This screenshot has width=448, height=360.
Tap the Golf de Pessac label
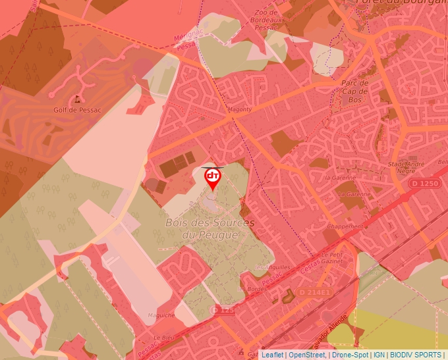(77, 110)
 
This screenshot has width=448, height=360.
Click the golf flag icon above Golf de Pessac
(78, 99)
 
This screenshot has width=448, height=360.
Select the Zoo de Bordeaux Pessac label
(265, 20)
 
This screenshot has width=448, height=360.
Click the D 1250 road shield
(424, 182)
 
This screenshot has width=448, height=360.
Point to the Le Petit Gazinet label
(333, 257)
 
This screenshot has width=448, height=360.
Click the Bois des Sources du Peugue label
(210, 228)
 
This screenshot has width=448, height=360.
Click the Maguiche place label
(161, 315)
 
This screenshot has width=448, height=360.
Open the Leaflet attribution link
(272, 355)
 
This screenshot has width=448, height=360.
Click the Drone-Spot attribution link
(350, 355)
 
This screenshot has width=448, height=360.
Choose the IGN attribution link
(379, 355)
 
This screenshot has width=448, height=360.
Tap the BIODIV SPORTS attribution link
(416, 355)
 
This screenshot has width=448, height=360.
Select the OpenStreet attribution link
(307, 355)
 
